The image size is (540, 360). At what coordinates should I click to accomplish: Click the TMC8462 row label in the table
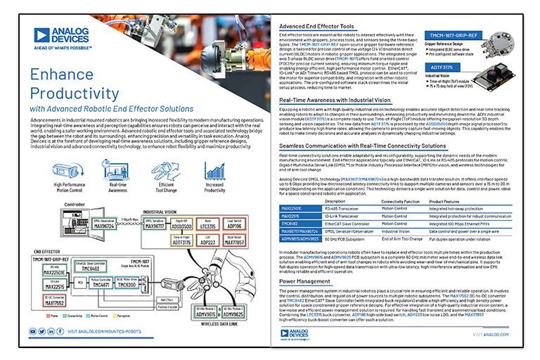(291, 223)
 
